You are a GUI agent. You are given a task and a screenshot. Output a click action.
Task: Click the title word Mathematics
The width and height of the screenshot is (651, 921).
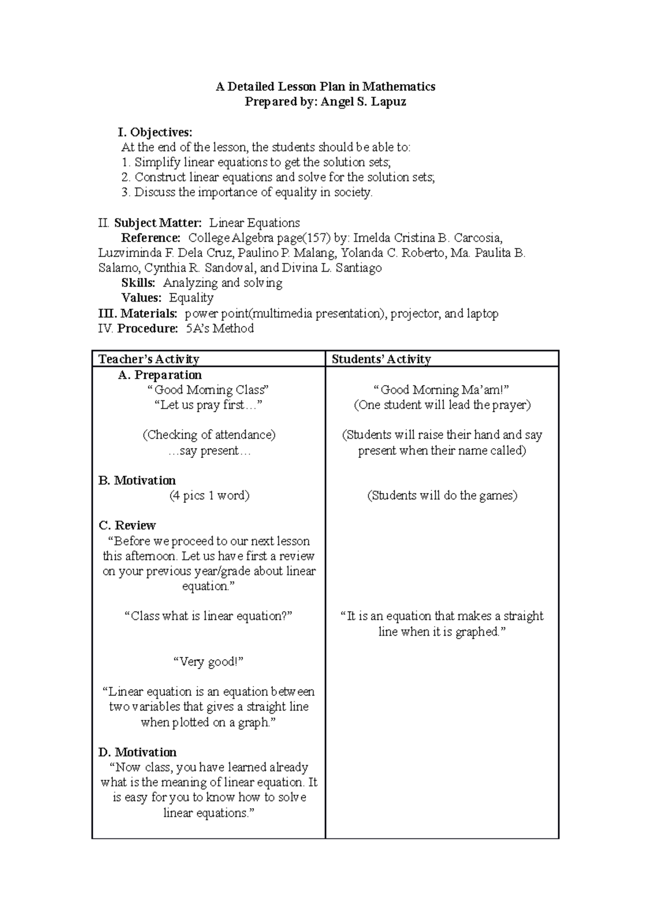tap(399, 86)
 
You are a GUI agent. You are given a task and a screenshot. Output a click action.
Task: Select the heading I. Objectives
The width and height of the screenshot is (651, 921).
tap(155, 132)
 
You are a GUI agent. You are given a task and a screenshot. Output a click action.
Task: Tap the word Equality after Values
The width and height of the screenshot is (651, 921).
tap(191, 298)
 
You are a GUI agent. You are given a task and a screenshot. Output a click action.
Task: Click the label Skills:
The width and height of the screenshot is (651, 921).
tap(138, 283)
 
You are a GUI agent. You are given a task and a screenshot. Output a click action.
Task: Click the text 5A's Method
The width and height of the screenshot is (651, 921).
tap(220, 328)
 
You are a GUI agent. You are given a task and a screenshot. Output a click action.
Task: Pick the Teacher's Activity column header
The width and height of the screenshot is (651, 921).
tap(149, 359)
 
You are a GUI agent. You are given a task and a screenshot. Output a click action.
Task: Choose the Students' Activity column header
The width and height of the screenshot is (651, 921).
tap(381, 359)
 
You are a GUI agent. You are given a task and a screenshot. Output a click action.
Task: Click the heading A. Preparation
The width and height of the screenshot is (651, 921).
tap(159, 375)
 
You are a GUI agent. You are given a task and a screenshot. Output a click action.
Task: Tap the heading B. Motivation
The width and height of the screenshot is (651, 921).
tap(137, 481)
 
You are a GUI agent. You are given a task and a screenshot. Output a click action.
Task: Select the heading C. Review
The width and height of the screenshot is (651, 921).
tap(127, 526)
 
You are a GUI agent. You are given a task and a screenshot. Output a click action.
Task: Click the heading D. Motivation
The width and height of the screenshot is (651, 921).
tap(137, 752)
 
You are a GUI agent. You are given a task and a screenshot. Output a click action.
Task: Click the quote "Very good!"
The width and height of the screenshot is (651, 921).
tap(208, 662)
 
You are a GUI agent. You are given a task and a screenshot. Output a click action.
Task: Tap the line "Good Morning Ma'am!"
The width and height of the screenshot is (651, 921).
tap(442, 390)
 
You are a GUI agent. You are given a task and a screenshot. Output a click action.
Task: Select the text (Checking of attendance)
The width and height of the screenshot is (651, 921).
tap(209, 435)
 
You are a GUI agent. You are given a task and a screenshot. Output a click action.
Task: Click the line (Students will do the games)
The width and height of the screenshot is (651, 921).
tap(442, 496)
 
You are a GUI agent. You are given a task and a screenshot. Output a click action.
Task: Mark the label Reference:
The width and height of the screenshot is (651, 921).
tap(151, 238)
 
